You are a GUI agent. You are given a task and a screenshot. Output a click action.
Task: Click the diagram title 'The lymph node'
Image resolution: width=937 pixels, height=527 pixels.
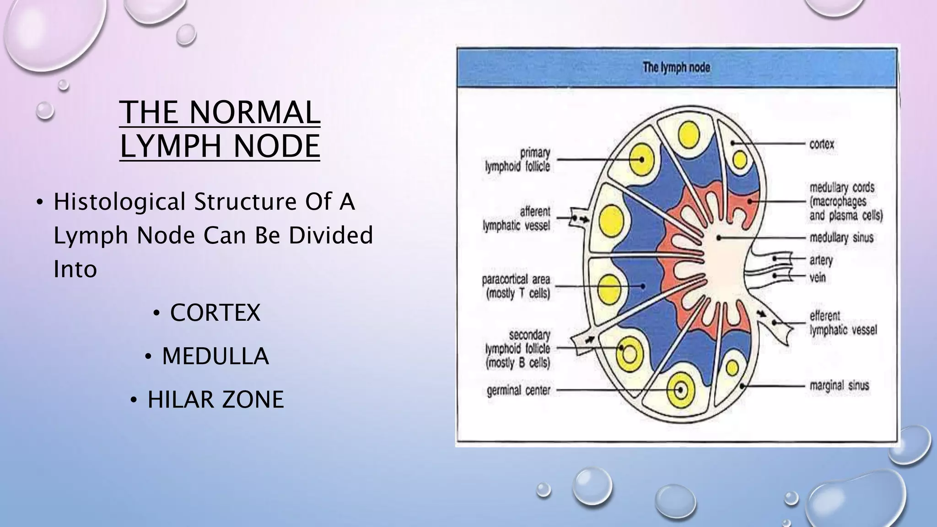pos(676,68)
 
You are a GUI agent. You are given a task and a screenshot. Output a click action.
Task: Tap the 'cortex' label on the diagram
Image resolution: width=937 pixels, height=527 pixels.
pos(822,145)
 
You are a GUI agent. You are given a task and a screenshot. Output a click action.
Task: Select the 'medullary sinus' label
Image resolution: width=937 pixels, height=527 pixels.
pos(841,238)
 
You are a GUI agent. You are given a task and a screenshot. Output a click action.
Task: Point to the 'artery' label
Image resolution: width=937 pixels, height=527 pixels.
pos(821,260)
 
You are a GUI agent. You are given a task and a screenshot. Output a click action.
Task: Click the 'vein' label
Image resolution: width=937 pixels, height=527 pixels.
pos(818,277)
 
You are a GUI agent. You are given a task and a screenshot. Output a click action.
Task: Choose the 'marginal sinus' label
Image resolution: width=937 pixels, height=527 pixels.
pos(839,386)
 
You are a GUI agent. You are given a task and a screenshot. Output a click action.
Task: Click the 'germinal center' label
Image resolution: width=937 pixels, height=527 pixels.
pos(518,391)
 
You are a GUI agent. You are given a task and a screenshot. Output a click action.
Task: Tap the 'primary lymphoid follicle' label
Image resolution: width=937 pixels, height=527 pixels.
pos(518,160)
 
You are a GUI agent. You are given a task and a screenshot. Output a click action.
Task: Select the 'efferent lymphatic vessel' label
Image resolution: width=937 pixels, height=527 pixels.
pos(843,323)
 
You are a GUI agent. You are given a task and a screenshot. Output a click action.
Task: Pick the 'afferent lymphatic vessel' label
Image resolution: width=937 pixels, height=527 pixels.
pos(517,219)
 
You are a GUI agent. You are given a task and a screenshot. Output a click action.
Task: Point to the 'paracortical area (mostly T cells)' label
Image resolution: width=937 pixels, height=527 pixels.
pos(516,286)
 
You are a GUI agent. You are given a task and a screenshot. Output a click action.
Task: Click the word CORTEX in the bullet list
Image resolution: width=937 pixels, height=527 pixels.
pos(215,313)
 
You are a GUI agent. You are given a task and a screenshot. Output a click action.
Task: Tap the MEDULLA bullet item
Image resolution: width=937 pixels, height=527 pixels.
pos(215,356)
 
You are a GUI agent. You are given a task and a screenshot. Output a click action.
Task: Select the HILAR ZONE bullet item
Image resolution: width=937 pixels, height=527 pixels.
pos(215,399)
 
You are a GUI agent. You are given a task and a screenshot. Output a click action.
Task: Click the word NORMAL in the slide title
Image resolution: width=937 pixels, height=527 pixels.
pos(254,113)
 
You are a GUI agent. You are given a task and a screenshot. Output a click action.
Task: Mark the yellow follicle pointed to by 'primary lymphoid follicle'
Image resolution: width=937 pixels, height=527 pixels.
pos(642,160)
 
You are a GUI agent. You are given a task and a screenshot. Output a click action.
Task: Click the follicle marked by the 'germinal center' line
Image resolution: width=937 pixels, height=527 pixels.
pos(681,390)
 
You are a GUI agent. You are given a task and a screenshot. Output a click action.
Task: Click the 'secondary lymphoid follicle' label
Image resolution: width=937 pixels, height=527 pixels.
pos(518,349)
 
